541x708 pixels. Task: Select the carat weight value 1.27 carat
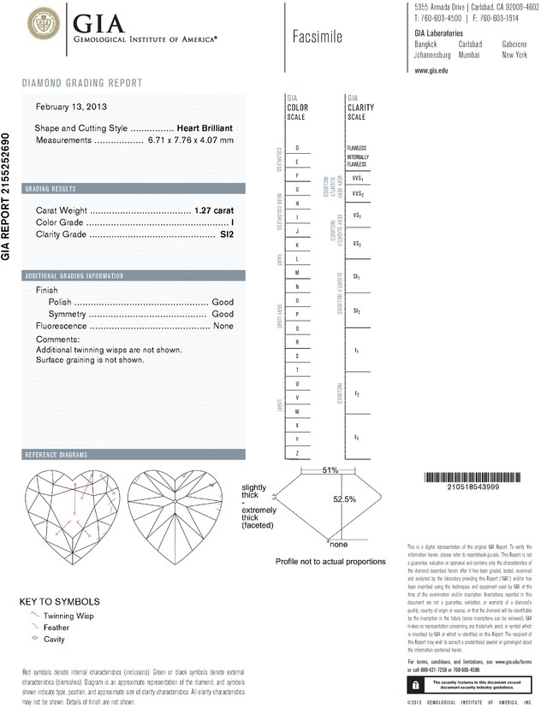[214, 209]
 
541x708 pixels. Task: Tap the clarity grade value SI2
[226, 233]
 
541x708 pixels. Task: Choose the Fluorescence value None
[223, 326]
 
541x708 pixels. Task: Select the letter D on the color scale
[296, 148]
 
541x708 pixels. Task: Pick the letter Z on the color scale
[296, 451]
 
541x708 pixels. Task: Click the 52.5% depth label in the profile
[344, 500]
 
